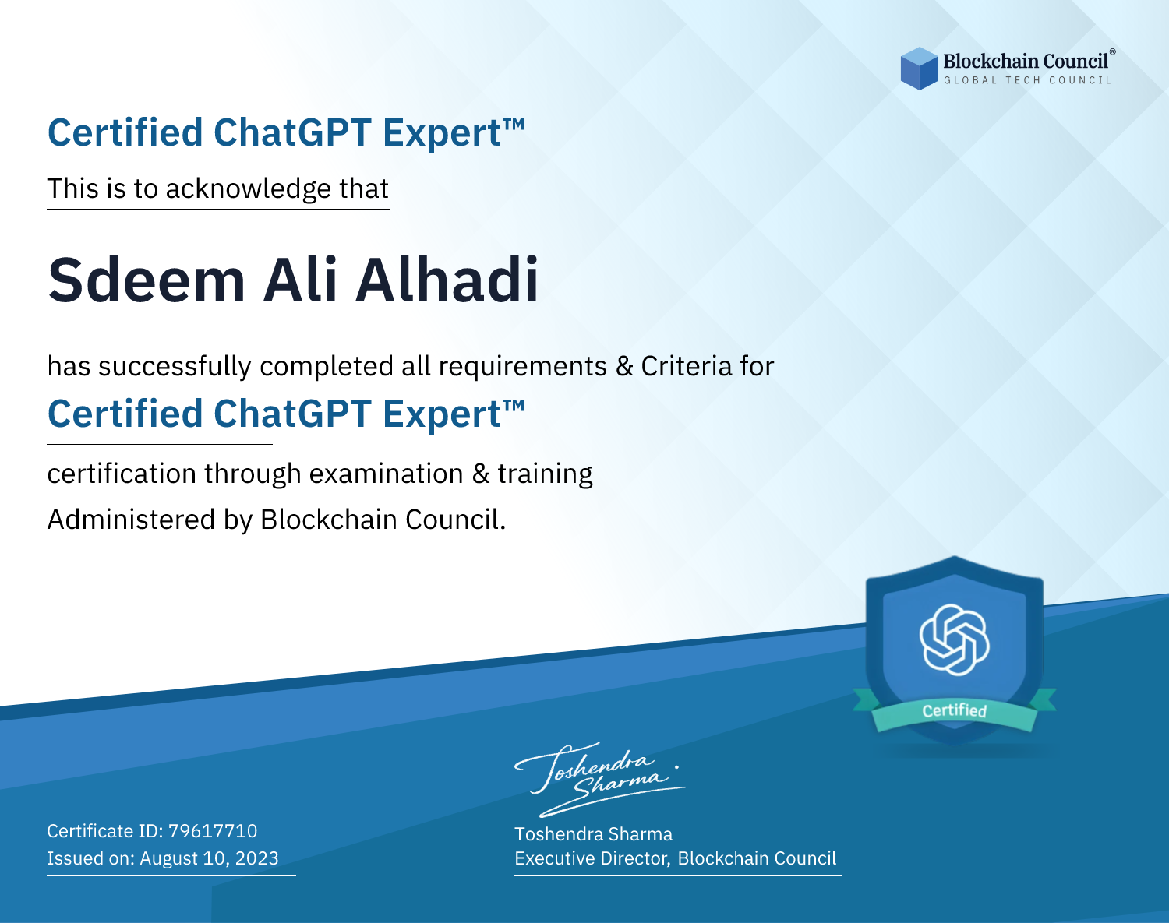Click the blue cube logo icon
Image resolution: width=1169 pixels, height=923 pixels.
click(x=919, y=69)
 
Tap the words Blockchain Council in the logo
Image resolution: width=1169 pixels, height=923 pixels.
click(x=1026, y=62)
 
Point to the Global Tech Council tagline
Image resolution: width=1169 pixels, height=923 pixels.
click(x=1027, y=80)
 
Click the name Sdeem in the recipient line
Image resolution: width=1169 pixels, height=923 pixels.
click(x=147, y=280)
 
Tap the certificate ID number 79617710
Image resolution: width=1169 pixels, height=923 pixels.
click(x=213, y=831)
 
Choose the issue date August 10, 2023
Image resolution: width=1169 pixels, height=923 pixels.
click(x=209, y=858)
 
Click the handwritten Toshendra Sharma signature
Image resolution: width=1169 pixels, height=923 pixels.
click(x=599, y=779)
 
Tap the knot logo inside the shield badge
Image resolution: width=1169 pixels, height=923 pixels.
click(x=954, y=639)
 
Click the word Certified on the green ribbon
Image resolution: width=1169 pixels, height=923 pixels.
click(x=955, y=710)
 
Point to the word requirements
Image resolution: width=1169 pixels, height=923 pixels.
click(x=523, y=367)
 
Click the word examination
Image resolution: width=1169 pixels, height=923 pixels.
click(x=387, y=474)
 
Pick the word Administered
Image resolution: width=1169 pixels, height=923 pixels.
click(x=132, y=520)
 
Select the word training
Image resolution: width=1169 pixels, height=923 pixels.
click(x=545, y=474)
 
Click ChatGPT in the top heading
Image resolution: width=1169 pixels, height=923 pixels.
click(x=292, y=132)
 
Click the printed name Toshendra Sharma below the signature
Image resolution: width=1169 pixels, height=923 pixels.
click(x=593, y=834)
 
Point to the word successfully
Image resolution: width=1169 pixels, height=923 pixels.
click(x=175, y=367)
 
